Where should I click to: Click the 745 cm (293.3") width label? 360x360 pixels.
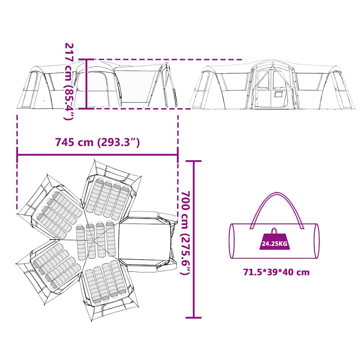pyautogui.click(x=97, y=142)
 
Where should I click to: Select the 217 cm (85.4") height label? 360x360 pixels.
pyautogui.click(x=69, y=81)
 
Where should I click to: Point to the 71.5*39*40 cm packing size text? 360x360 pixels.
pyautogui.click(x=276, y=272)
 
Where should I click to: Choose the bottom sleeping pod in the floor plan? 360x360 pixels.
pyautogui.click(x=105, y=283)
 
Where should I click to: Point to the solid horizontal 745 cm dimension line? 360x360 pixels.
pyautogui.click(x=97, y=154)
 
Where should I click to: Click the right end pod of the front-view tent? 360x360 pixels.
pyautogui.click(x=337, y=90)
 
